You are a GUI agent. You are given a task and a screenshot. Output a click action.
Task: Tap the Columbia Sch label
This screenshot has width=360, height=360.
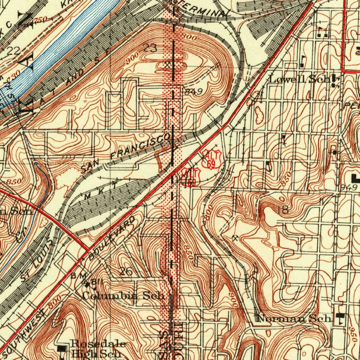(123, 296)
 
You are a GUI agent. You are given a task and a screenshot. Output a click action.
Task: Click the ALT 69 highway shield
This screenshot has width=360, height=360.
(211, 159)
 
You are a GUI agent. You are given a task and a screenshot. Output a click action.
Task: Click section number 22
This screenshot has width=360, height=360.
(13, 51)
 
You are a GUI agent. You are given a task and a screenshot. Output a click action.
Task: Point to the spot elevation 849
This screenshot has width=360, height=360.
(193, 92)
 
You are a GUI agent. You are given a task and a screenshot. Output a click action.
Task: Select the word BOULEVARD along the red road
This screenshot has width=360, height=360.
(112, 238)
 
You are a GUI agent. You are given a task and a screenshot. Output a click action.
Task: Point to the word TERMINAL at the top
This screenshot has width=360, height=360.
(208, 11)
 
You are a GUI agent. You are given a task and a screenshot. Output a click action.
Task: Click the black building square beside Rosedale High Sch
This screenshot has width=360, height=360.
(62, 348)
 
